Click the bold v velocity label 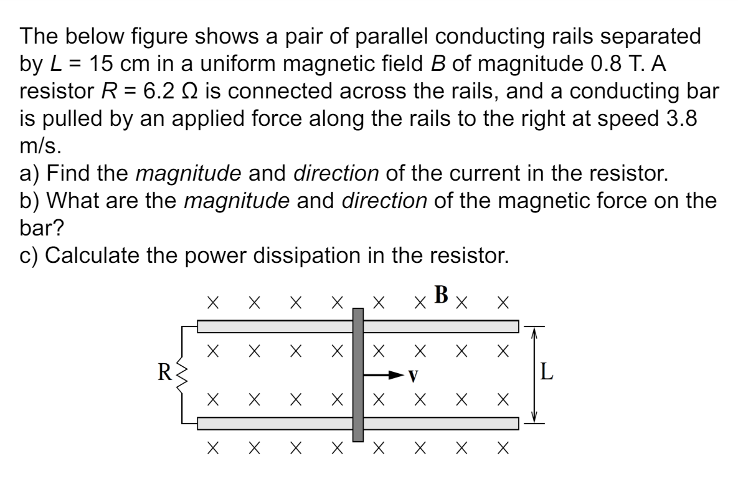pos(412,376)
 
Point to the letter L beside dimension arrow pos(546,374)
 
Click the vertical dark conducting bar pos(357,374)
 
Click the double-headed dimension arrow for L pos(532,374)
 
